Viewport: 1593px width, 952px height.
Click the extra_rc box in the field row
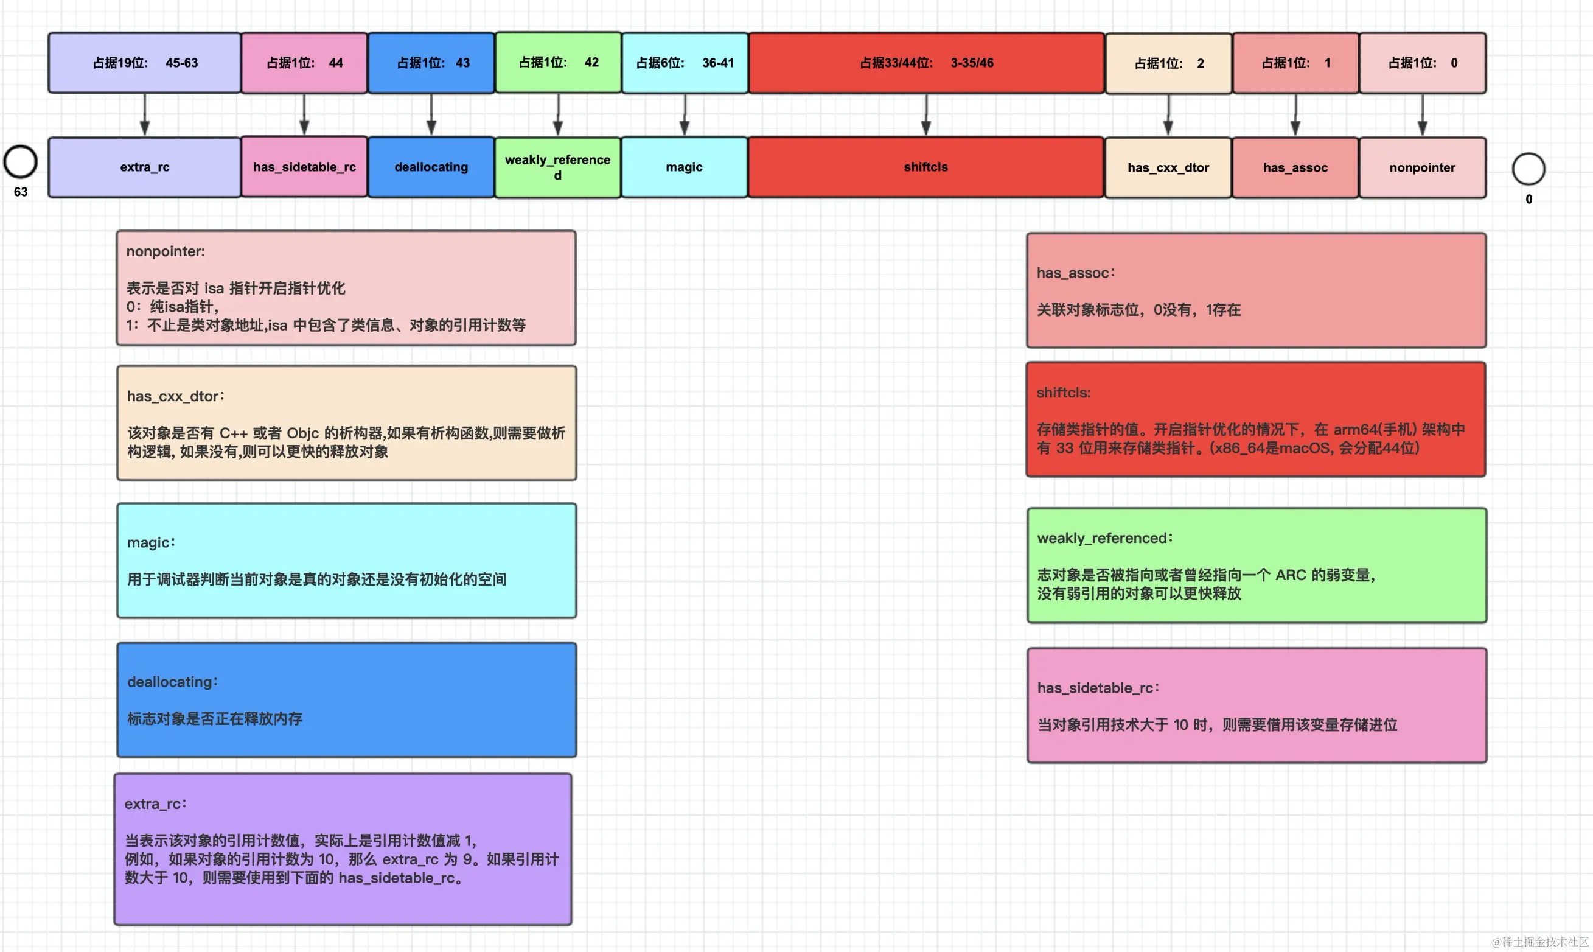click(x=145, y=167)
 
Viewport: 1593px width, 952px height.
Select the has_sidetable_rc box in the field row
click(x=305, y=167)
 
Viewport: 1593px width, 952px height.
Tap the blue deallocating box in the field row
click(x=431, y=167)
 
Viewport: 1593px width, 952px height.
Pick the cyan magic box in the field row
click(x=685, y=167)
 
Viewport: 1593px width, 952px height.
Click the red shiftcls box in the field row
click(x=926, y=167)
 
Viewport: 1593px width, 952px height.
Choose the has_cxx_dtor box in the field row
click(x=1168, y=167)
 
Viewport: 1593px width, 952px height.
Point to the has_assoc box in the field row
click(x=1295, y=167)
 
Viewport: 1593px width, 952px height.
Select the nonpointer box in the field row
click(x=1423, y=167)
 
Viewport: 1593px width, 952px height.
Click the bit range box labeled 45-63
click(x=145, y=63)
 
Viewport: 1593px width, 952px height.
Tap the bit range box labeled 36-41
click(x=685, y=63)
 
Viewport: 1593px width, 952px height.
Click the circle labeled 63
click(x=21, y=162)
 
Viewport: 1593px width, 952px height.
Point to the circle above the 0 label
click(x=1529, y=169)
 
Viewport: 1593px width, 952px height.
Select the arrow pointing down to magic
click(x=685, y=115)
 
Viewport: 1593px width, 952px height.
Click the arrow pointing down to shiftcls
click(x=926, y=115)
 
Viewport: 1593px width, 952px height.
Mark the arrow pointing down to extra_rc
click(x=145, y=115)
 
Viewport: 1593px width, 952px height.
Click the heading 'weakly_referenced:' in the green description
click(x=1105, y=538)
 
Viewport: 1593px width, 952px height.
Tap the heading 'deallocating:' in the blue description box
click(x=173, y=681)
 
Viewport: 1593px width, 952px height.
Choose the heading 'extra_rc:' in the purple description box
click(x=156, y=804)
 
